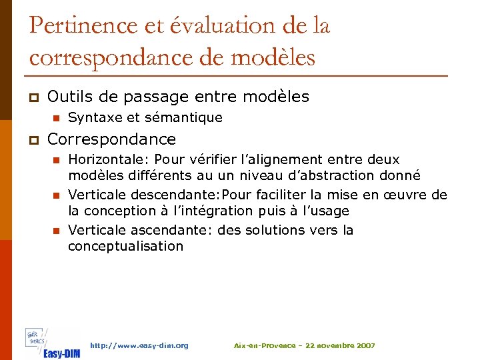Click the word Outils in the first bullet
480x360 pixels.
(68, 97)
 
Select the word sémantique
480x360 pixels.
(183, 118)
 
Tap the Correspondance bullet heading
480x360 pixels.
(111, 139)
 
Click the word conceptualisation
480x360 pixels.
(125, 247)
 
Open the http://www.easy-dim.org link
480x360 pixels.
(139, 345)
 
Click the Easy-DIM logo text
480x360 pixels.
(61, 353)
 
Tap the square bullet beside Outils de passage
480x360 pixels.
(33, 97)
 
